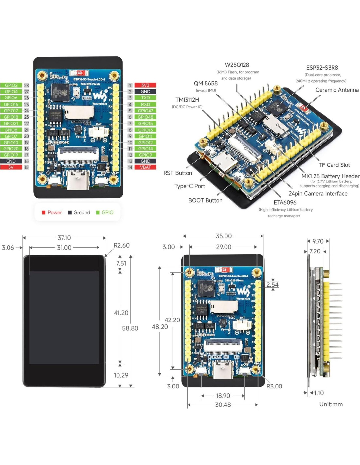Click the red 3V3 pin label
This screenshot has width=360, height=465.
(x=145, y=85)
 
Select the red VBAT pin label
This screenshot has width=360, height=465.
(x=145, y=167)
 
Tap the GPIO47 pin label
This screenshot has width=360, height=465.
(x=145, y=111)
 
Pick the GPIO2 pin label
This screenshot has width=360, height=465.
(x=11, y=85)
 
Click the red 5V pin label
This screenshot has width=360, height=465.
(x=11, y=167)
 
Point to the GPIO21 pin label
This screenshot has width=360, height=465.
(x=11, y=124)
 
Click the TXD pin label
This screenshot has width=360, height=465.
(x=145, y=98)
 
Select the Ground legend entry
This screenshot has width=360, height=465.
(x=79, y=213)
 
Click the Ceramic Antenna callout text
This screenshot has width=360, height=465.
(x=337, y=90)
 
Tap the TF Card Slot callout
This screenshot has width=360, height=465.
(x=334, y=165)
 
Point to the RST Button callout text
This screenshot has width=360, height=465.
(x=178, y=173)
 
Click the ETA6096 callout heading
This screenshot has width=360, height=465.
(x=285, y=203)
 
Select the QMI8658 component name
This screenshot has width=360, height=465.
(x=206, y=84)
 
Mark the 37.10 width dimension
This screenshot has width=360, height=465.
(x=64, y=238)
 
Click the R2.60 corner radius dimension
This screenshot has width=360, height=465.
(x=121, y=246)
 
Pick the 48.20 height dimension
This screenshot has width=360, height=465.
(x=160, y=327)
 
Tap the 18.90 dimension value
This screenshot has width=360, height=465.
(x=223, y=396)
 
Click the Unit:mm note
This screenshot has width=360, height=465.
(x=331, y=405)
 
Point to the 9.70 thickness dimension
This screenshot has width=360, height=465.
(x=318, y=241)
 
